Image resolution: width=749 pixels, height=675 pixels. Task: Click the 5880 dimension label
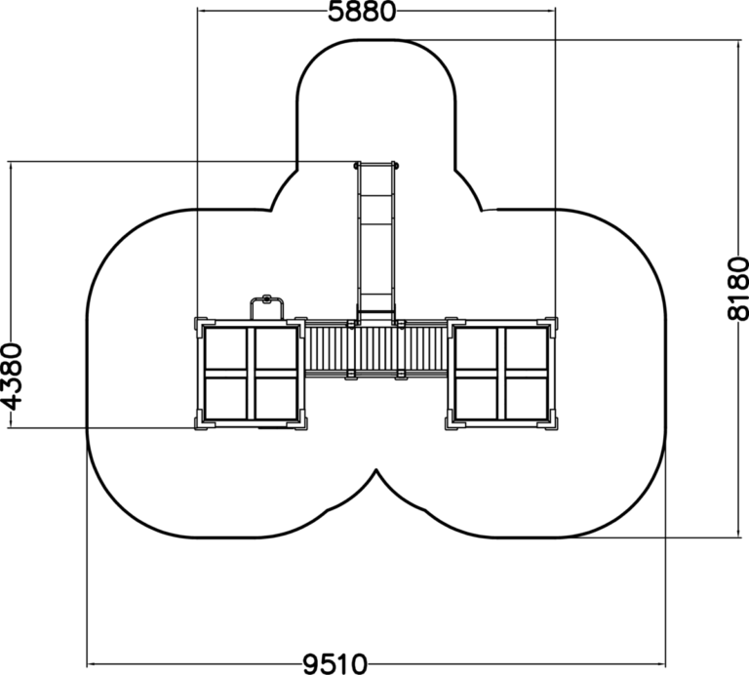click(362, 12)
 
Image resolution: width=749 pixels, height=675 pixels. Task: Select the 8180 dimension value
click(737, 289)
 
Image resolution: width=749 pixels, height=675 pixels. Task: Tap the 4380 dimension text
click(12, 377)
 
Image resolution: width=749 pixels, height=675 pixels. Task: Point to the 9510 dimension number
click(335, 663)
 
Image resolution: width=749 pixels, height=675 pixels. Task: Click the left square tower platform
click(251, 373)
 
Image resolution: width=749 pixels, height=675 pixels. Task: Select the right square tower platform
click(501, 373)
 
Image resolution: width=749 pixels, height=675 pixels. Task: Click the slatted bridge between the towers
click(375, 349)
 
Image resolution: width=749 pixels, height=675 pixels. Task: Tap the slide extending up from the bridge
click(375, 242)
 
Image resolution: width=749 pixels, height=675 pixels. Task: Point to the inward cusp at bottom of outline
click(376, 470)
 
